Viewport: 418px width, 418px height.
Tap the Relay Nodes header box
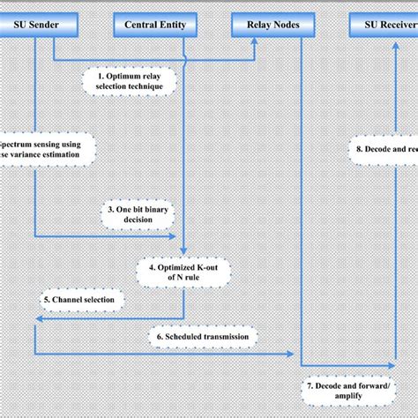[267, 25]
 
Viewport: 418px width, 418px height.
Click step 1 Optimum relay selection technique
[131, 82]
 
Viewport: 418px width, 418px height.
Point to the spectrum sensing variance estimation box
[40, 148]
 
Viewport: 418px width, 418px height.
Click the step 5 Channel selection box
[81, 301]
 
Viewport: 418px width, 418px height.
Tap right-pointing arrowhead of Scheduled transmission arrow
[291, 354]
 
